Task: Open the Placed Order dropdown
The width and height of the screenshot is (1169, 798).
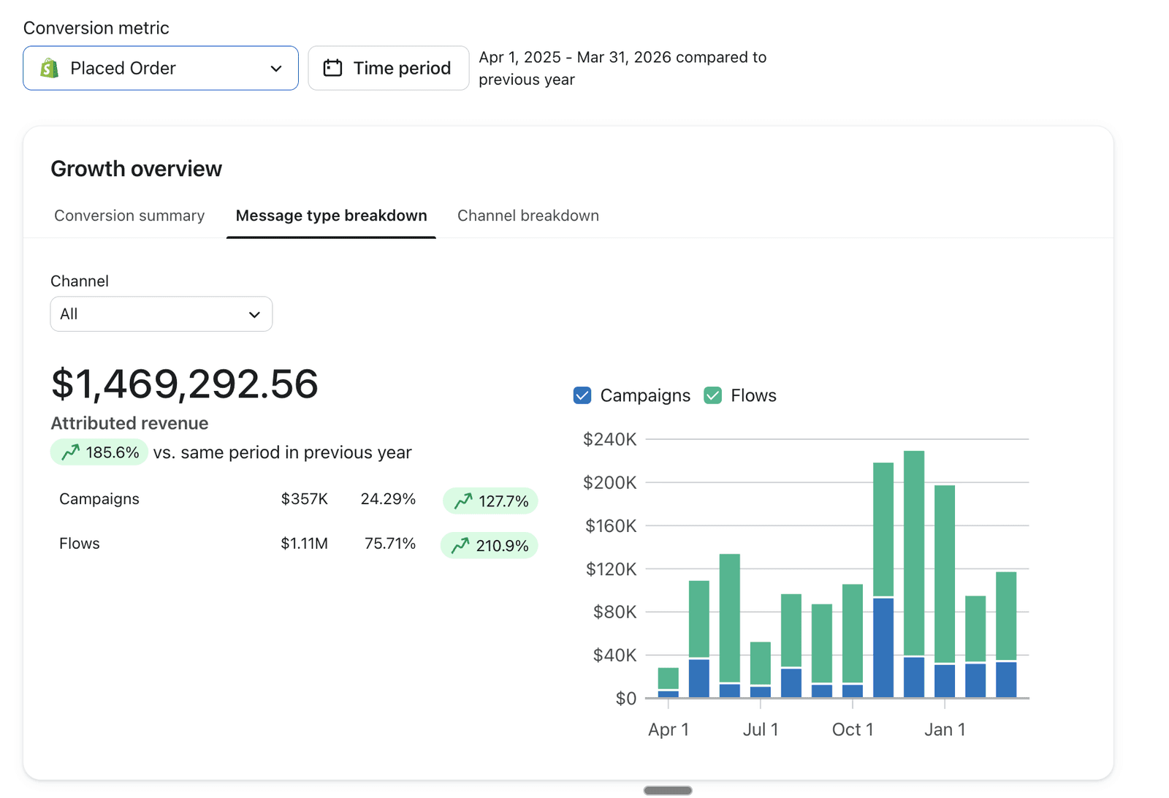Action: (161, 68)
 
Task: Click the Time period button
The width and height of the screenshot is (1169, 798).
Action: (388, 68)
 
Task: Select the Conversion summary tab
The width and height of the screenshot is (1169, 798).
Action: (129, 216)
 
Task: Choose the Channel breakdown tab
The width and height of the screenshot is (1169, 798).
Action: (528, 216)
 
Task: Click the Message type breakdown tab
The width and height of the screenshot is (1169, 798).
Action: (332, 216)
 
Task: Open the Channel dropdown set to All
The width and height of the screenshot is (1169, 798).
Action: (161, 314)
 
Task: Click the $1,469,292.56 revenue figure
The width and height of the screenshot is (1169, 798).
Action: (184, 384)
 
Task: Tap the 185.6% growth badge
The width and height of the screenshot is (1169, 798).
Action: (99, 452)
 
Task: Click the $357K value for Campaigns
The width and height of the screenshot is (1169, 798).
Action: (304, 499)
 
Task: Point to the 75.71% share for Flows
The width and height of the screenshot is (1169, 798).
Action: (390, 543)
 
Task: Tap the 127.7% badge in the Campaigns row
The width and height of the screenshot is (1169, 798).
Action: (490, 501)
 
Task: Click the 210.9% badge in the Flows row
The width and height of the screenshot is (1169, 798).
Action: (490, 545)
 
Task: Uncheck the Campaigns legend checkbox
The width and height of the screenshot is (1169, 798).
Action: (582, 395)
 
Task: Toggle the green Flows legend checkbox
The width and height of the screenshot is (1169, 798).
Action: (712, 395)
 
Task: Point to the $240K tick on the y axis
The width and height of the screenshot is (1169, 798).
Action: (609, 439)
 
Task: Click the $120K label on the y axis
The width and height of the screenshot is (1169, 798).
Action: (611, 569)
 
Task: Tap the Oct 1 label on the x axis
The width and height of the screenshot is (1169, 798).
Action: (853, 729)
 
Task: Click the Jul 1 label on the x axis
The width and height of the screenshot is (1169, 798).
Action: (761, 729)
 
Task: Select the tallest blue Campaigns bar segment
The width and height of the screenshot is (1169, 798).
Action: (883, 647)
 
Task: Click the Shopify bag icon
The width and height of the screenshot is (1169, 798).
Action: (50, 68)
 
